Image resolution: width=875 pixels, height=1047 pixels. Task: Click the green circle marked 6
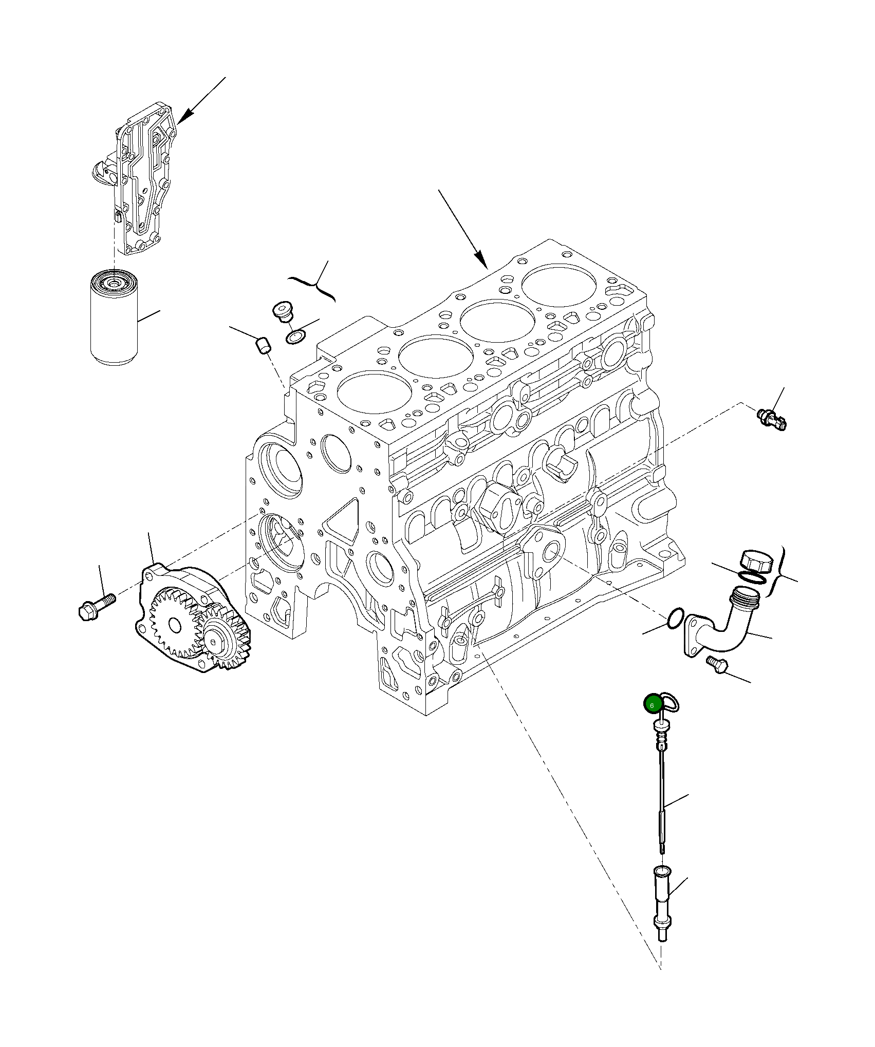[652, 705]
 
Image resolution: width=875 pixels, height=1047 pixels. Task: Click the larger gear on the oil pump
[174, 624]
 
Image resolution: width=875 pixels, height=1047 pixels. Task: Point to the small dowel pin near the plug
[263, 345]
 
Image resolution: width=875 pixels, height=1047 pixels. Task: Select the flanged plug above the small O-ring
[281, 311]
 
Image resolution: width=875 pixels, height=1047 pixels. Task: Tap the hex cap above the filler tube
[756, 561]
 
